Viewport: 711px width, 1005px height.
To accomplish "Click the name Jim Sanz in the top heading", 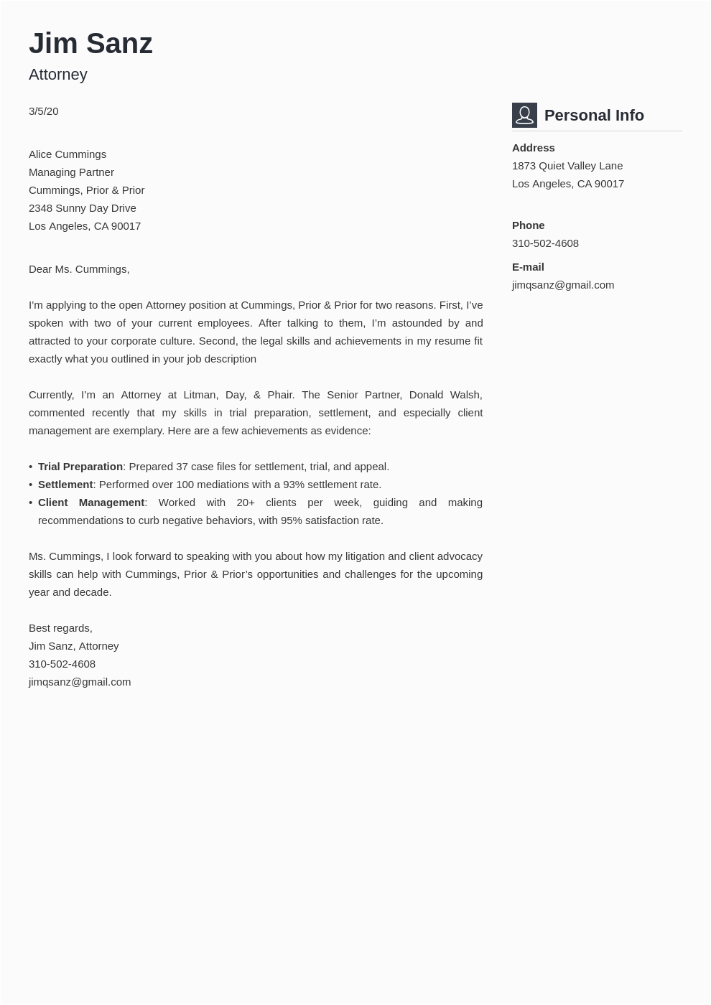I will (x=90, y=43).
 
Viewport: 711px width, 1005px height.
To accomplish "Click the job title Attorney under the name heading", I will (x=58, y=75).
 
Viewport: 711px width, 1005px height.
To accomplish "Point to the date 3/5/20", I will (x=44, y=111).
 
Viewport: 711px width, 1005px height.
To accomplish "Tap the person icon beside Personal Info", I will (x=524, y=115).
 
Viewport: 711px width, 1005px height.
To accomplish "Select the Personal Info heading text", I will (x=594, y=116).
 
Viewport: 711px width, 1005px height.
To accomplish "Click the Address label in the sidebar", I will (x=533, y=148).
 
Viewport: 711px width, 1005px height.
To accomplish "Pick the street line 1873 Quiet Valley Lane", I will (x=567, y=166).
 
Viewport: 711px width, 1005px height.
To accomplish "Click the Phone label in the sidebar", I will (x=528, y=225).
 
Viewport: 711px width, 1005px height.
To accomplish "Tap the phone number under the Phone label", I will (x=545, y=243).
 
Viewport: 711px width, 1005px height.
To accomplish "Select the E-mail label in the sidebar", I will (x=528, y=267).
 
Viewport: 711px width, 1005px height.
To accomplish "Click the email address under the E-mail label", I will (x=563, y=285).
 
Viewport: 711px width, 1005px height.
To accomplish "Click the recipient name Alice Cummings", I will (x=68, y=154).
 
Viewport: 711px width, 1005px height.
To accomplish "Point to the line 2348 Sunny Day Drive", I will (x=83, y=208).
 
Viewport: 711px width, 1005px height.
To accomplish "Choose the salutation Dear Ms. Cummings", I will (x=79, y=269).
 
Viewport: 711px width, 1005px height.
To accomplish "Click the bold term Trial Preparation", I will (x=80, y=467).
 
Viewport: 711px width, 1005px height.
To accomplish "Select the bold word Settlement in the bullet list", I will (x=65, y=485).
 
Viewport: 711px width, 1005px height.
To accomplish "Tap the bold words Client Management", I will (x=91, y=502).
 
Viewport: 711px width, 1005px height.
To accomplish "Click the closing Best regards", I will (x=60, y=628).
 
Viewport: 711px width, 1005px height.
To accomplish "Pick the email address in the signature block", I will (x=80, y=682).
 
